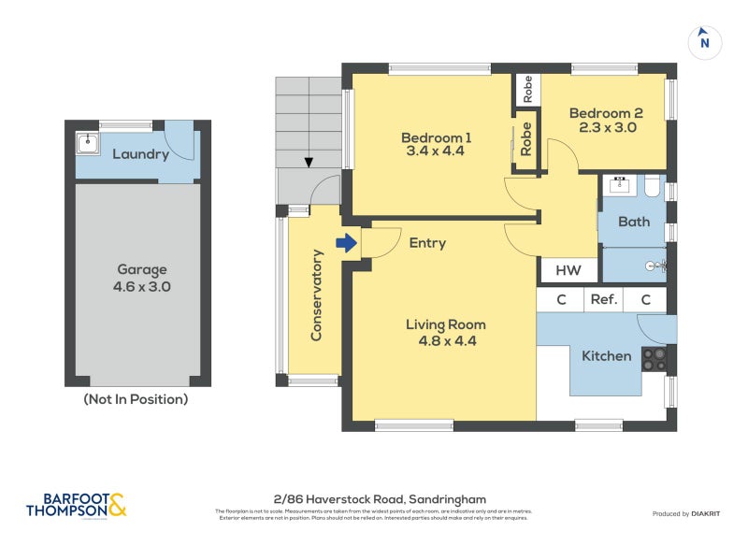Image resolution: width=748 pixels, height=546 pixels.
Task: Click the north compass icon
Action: coord(705,41)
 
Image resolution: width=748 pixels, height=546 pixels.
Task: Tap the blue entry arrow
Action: coord(347,243)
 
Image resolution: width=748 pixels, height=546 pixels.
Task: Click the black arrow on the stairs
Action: coord(308,163)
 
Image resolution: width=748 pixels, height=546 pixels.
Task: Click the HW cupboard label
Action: coord(568,271)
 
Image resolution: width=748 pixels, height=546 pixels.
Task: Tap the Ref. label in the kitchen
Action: coord(603,300)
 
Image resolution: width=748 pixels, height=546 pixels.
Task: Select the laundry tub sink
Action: coord(87,143)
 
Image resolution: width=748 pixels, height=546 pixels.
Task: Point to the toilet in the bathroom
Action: coord(653,189)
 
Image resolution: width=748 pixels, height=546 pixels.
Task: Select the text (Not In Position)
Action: coord(136,399)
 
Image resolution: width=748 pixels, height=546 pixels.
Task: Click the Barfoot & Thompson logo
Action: coord(75,505)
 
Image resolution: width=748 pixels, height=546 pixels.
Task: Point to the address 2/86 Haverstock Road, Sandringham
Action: coord(374,499)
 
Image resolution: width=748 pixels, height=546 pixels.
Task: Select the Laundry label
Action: coord(140,154)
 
